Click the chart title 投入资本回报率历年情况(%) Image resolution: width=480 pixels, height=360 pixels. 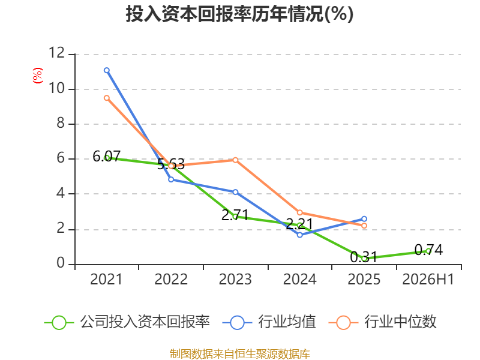click(239, 14)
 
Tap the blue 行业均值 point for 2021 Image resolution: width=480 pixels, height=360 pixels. click(107, 70)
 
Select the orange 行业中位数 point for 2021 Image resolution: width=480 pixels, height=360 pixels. click(107, 98)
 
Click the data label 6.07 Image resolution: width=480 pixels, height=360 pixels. click(107, 157)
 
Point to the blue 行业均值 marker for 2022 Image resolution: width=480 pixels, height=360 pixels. click(171, 179)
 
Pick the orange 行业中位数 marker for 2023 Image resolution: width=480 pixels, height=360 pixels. click(235, 160)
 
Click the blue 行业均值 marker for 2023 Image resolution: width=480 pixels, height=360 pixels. click(235, 192)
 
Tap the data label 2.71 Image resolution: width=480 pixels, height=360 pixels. click(235, 215)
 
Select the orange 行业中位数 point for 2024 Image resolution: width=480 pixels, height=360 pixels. click(299, 212)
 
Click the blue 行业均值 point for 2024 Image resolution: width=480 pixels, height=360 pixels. click(299, 235)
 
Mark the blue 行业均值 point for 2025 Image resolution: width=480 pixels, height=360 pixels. click(364, 219)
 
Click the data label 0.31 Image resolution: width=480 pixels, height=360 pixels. click(364, 257)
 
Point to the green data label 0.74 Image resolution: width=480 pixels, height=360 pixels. click(428, 250)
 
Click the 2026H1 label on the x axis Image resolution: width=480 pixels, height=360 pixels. click(428, 279)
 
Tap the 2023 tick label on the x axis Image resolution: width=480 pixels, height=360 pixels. click(235, 279)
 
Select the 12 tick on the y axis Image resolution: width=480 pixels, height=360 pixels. click(56, 53)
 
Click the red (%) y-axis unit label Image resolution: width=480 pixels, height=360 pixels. click(38, 76)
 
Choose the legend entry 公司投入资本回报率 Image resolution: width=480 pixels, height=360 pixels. click(127, 322)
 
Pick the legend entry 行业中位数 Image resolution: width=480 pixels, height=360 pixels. click(382, 322)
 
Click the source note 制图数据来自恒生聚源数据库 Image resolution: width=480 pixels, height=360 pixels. click(240, 354)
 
